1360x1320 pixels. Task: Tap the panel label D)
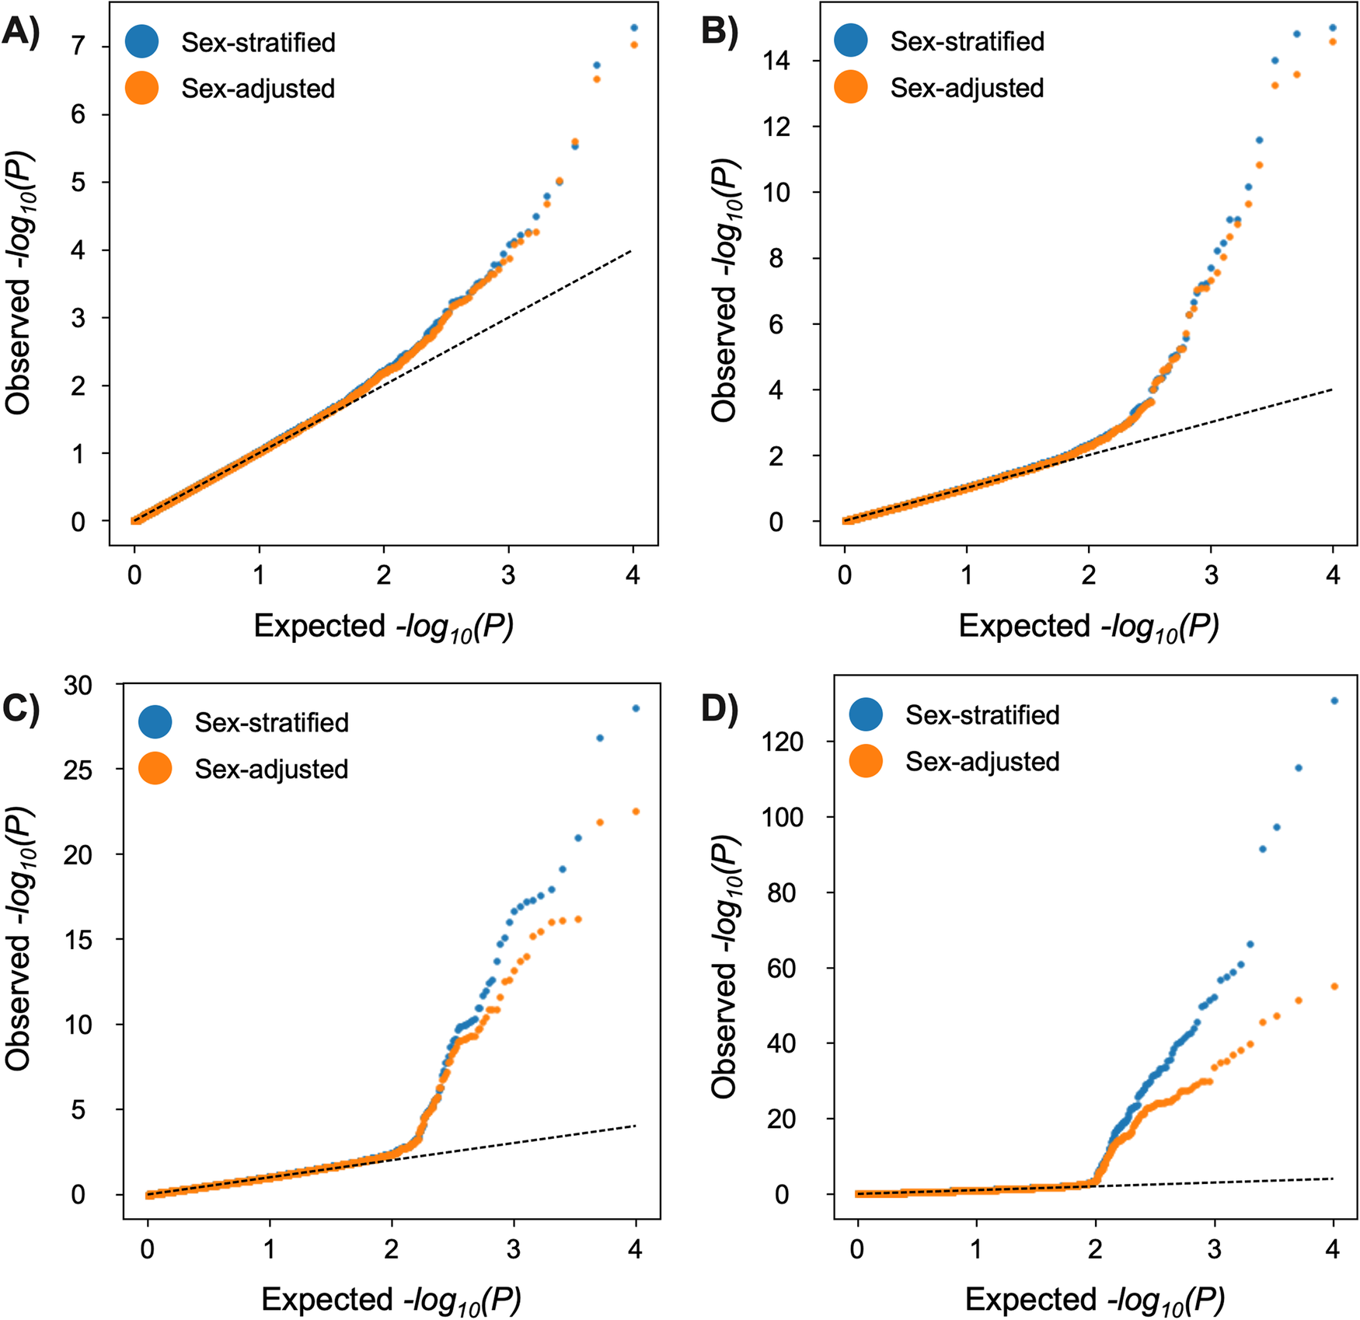pyautogui.click(x=719, y=708)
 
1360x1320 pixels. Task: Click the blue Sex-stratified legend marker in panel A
pyautogui.click(x=142, y=41)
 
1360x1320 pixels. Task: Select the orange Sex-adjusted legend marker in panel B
pyautogui.click(x=851, y=87)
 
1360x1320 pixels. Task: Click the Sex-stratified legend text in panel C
pyautogui.click(x=271, y=722)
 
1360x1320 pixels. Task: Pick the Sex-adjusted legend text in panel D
pyautogui.click(x=982, y=761)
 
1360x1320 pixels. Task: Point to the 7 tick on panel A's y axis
pyautogui.click(x=78, y=47)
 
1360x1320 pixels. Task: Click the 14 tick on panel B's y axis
pyautogui.click(x=776, y=61)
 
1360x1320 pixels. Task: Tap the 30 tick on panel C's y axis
pyautogui.click(x=78, y=685)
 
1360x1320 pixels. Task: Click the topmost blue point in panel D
pyautogui.click(x=1334, y=700)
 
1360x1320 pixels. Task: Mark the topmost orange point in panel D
pyautogui.click(x=1334, y=987)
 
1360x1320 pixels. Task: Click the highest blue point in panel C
pyautogui.click(x=636, y=708)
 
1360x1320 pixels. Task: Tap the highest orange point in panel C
pyautogui.click(x=636, y=811)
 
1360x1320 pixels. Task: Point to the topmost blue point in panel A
pyautogui.click(x=634, y=28)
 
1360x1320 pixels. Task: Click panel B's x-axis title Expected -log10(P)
pyautogui.click(x=1088, y=627)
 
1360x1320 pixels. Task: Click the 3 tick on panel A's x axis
pyautogui.click(x=508, y=575)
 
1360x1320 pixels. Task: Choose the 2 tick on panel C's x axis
pyautogui.click(x=391, y=1249)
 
